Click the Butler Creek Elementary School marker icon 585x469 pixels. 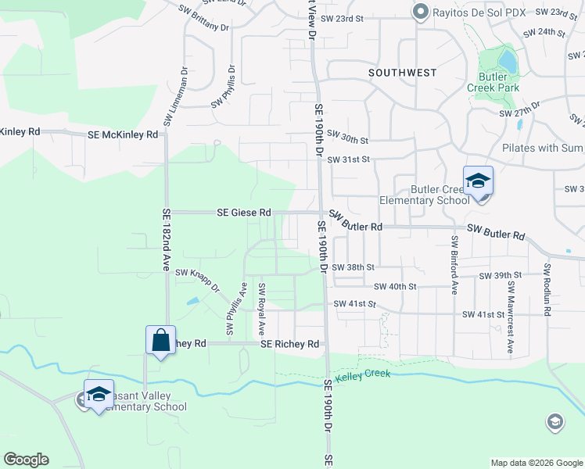click(x=478, y=182)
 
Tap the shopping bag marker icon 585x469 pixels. click(x=160, y=341)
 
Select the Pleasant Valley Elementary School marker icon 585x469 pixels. click(x=99, y=395)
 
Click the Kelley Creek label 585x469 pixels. click(x=363, y=376)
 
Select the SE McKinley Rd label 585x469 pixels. click(x=123, y=134)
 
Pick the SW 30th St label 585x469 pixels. click(x=347, y=139)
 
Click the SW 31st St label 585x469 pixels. click(x=347, y=159)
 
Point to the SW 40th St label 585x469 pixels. click(x=395, y=287)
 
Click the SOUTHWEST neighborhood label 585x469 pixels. click(x=402, y=73)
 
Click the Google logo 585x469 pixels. click(x=26, y=460)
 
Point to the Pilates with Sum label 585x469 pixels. click(x=543, y=148)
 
